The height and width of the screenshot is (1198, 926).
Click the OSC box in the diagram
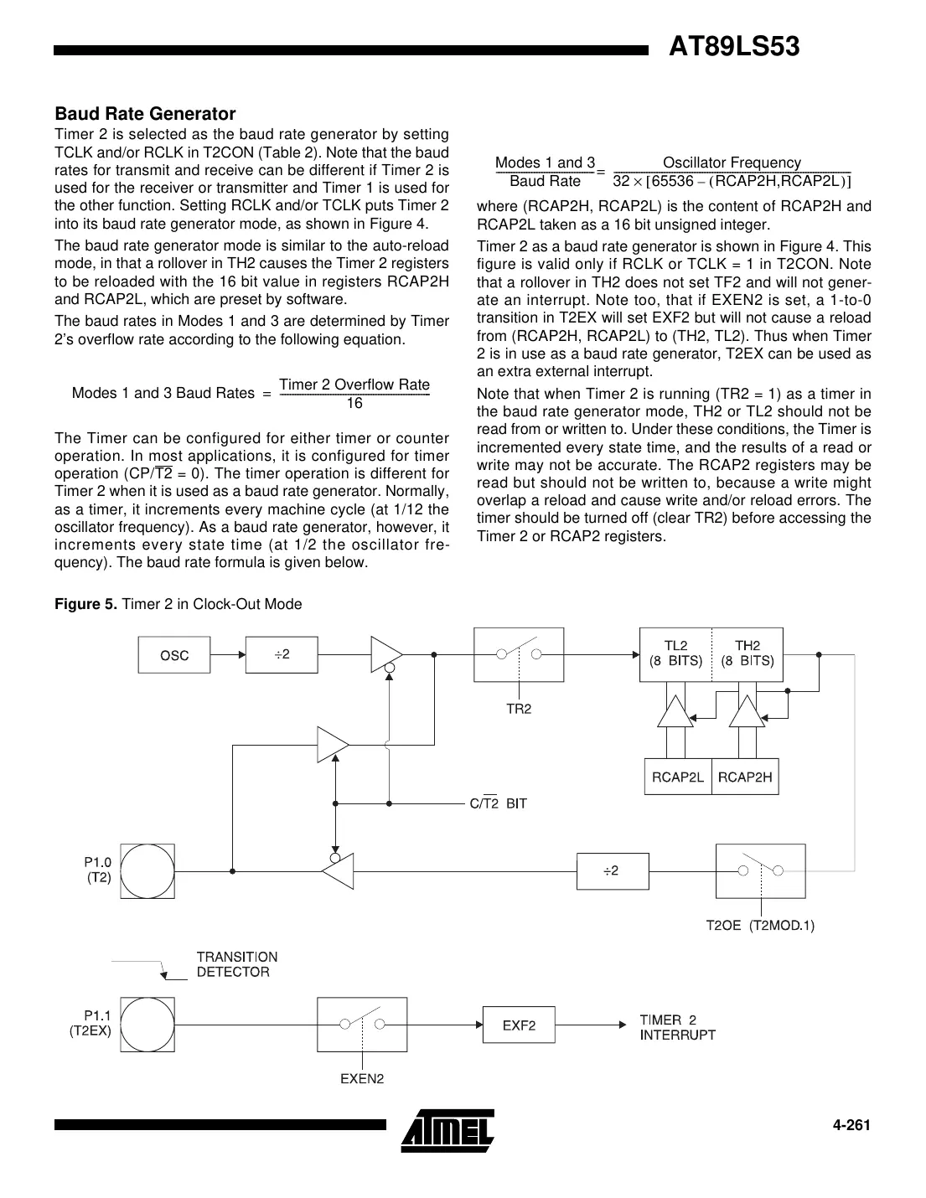(x=174, y=654)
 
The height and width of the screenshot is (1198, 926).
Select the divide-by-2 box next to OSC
(x=282, y=654)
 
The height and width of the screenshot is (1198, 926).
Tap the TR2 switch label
(x=519, y=708)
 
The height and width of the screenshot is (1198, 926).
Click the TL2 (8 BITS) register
(x=675, y=653)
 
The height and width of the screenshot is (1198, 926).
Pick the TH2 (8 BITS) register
(x=747, y=653)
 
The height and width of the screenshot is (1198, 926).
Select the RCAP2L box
(x=677, y=777)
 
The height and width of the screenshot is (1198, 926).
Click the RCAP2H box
(x=745, y=777)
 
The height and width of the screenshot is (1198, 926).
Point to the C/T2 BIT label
(x=498, y=803)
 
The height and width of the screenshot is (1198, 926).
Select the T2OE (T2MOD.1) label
(x=760, y=925)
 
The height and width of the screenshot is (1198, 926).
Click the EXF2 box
(x=519, y=1025)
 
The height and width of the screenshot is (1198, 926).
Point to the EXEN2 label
(x=361, y=1078)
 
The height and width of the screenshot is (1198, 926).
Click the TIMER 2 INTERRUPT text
(x=677, y=1027)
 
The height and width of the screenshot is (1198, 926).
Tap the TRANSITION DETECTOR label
(x=236, y=964)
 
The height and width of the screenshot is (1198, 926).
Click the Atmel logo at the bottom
(x=447, y=1131)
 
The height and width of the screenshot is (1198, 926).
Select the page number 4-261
(x=851, y=1125)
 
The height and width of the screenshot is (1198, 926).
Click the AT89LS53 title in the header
(x=734, y=47)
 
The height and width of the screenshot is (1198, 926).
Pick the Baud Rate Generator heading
(x=145, y=113)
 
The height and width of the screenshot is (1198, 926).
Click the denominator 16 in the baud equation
(x=354, y=404)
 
